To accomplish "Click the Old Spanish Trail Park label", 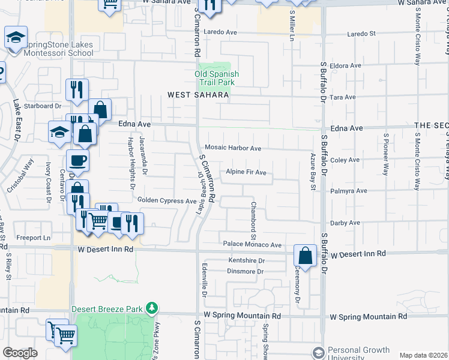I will point(217,78).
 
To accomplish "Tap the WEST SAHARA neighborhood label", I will point(198,95).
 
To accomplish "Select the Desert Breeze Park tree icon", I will point(152,308).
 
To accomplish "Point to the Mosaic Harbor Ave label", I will point(233,148).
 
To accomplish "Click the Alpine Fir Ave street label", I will point(246,172).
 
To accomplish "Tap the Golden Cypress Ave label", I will point(167,200).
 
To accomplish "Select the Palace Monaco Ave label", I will point(252,245).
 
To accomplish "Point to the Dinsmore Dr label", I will point(246,271).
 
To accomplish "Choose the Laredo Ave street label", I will point(221,32).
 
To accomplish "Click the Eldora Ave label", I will point(345,65).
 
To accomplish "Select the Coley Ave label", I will point(345,160).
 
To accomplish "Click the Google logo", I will point(20,353).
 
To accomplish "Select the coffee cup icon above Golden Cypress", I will point(77,161).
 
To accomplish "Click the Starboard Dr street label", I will point(43,106).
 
